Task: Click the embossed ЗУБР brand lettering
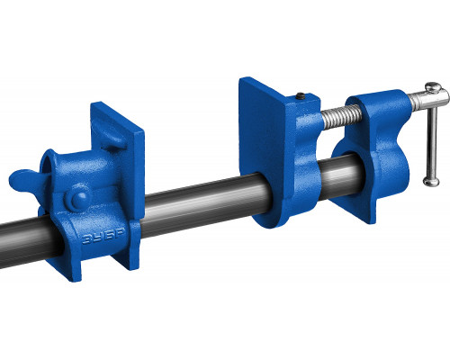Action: [x=103, y=237]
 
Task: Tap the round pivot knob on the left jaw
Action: [x=77, y=199]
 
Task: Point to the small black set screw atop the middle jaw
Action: [x=301, y=96]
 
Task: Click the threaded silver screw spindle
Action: [x=341, y=115]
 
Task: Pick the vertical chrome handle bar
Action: [x=432, y=135]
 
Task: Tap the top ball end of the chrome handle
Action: [x=433, y=87]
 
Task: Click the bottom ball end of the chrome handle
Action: [x=431, y=182]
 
